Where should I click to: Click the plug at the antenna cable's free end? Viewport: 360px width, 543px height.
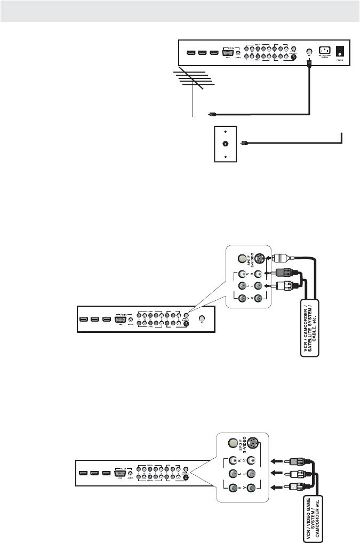click(212, 114)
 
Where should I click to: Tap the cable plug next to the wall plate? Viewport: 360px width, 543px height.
click(244, 143)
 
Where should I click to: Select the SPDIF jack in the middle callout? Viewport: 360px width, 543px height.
click(243, 259)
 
